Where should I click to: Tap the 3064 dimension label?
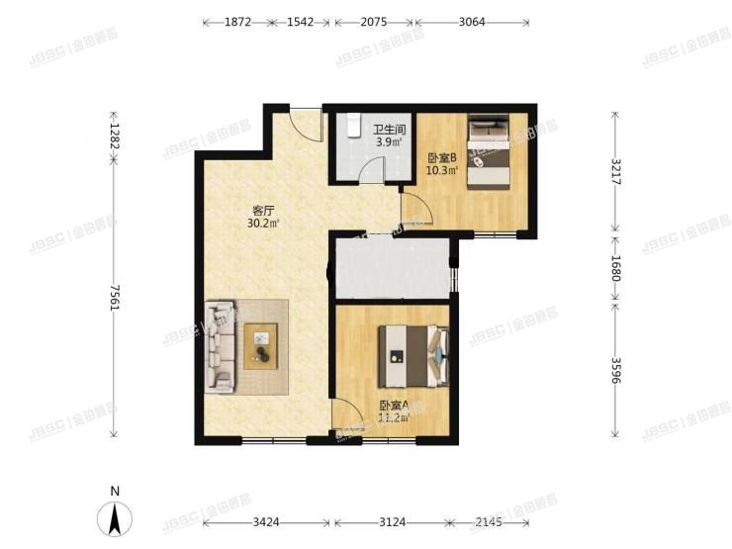click(472, 21)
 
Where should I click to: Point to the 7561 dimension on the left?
click(115, 297)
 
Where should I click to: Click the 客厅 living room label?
click(263, 210)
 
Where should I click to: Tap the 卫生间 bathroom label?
click(388, 128)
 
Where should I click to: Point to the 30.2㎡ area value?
click(264, 224)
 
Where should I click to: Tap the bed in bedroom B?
click(489, 149)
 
